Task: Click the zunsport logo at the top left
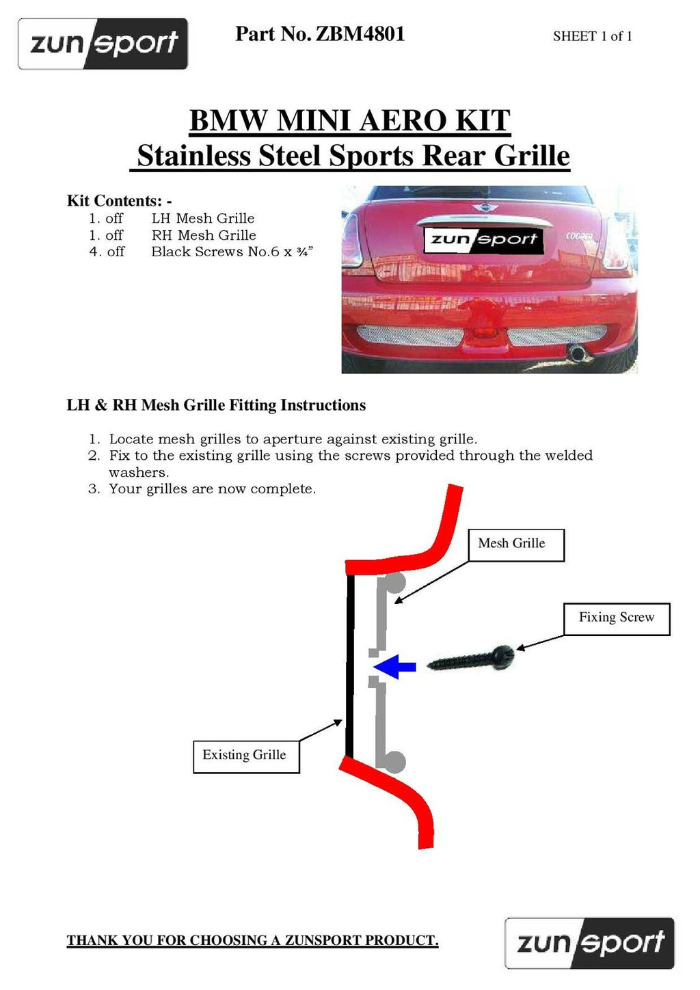(x=103, y=44)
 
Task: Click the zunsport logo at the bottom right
(x=589, y=943)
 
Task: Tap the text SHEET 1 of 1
(x=592, y=36)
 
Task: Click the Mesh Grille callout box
(x=516, y=545)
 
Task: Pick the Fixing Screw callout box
(x=616, y=618)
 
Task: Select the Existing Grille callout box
(x=245, y=756)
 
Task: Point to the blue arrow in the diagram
(x=396, y=666)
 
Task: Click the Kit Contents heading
(x=119, y=201)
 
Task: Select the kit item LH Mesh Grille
(x=203, y=219)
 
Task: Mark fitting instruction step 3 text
(x=212, y=489)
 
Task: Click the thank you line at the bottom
(x=252, y=940)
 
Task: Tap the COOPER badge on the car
(x=579, y=236)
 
